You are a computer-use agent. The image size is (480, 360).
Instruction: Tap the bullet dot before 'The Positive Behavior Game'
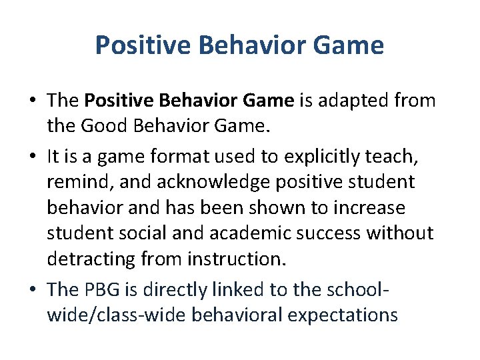coord(32,101)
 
